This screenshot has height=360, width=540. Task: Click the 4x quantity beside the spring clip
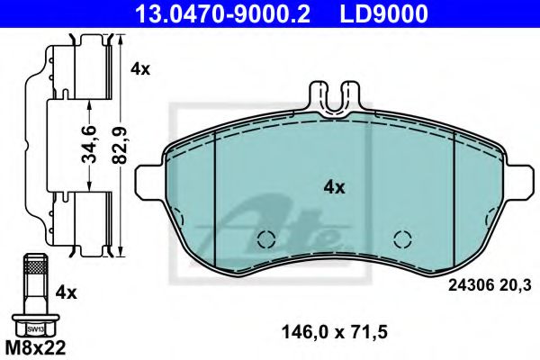coord(139,68)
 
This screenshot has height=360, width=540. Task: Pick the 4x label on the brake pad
coord(334,187)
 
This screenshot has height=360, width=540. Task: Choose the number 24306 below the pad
coord(468,285)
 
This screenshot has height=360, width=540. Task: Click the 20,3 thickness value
coord(510,285)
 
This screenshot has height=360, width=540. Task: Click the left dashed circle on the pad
coord(265,239)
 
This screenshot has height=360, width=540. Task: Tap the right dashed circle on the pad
coord(403,239)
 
